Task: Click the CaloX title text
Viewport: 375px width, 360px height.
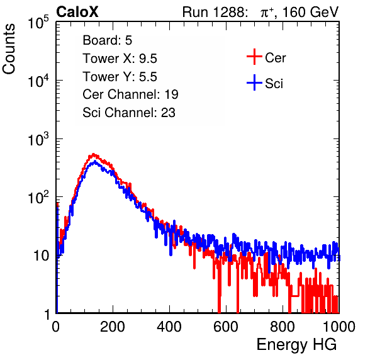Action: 77,12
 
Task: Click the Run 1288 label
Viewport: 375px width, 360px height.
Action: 214,12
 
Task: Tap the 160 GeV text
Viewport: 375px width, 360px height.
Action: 310,12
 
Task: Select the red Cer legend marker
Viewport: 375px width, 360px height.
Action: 254,57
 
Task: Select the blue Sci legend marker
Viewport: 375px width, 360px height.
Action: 254,83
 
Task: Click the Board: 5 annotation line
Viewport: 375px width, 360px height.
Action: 108,40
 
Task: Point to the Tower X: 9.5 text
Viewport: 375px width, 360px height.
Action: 120,59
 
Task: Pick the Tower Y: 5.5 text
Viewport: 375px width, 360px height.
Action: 120,77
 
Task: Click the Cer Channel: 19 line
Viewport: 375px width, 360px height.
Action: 130,94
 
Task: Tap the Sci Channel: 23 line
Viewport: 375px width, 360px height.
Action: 129,113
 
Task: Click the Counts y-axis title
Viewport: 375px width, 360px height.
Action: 9,49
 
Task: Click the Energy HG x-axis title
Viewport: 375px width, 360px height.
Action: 296,345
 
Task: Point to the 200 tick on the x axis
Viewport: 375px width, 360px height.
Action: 113,327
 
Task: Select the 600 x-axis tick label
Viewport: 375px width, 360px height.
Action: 226,327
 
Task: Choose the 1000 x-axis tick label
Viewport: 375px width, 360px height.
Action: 339,327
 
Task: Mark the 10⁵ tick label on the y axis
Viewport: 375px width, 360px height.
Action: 38,23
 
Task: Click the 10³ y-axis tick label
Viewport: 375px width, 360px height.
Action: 38,139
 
